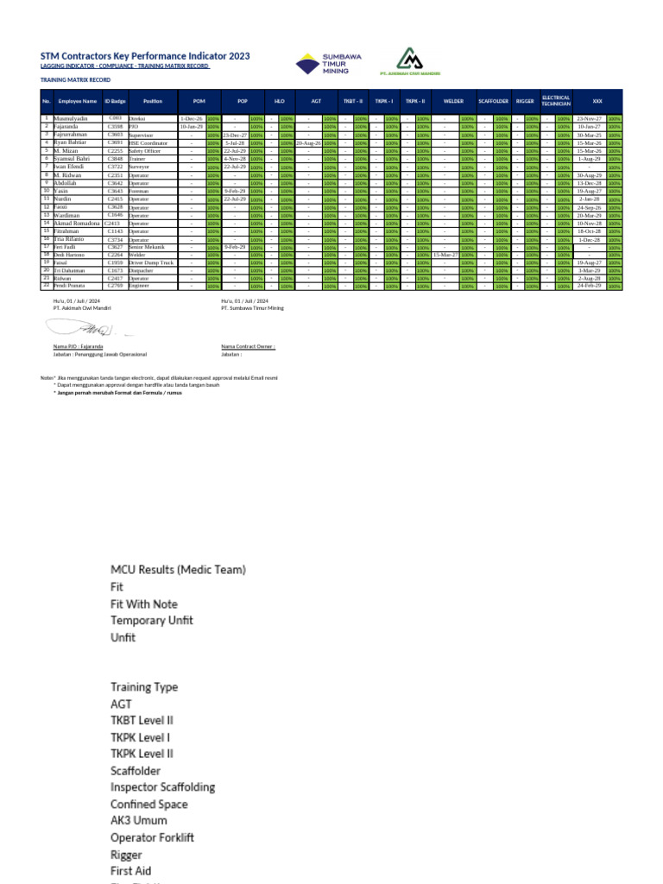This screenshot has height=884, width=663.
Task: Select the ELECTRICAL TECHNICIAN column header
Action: coord(555,101)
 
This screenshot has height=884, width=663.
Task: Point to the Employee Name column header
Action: coord(78,101)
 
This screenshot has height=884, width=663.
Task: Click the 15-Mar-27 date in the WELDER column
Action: coord(445,255)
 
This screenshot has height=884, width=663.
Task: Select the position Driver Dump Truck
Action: coord(151,262)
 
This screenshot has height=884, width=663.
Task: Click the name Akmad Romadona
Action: coord(79,223)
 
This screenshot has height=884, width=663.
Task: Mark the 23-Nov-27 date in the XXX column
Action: coord(589,118)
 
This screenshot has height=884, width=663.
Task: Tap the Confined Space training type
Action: coord(148,804)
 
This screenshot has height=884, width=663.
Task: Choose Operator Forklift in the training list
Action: coord(152,837)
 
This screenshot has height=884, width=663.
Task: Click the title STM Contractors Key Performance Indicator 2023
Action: coord(145,55)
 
